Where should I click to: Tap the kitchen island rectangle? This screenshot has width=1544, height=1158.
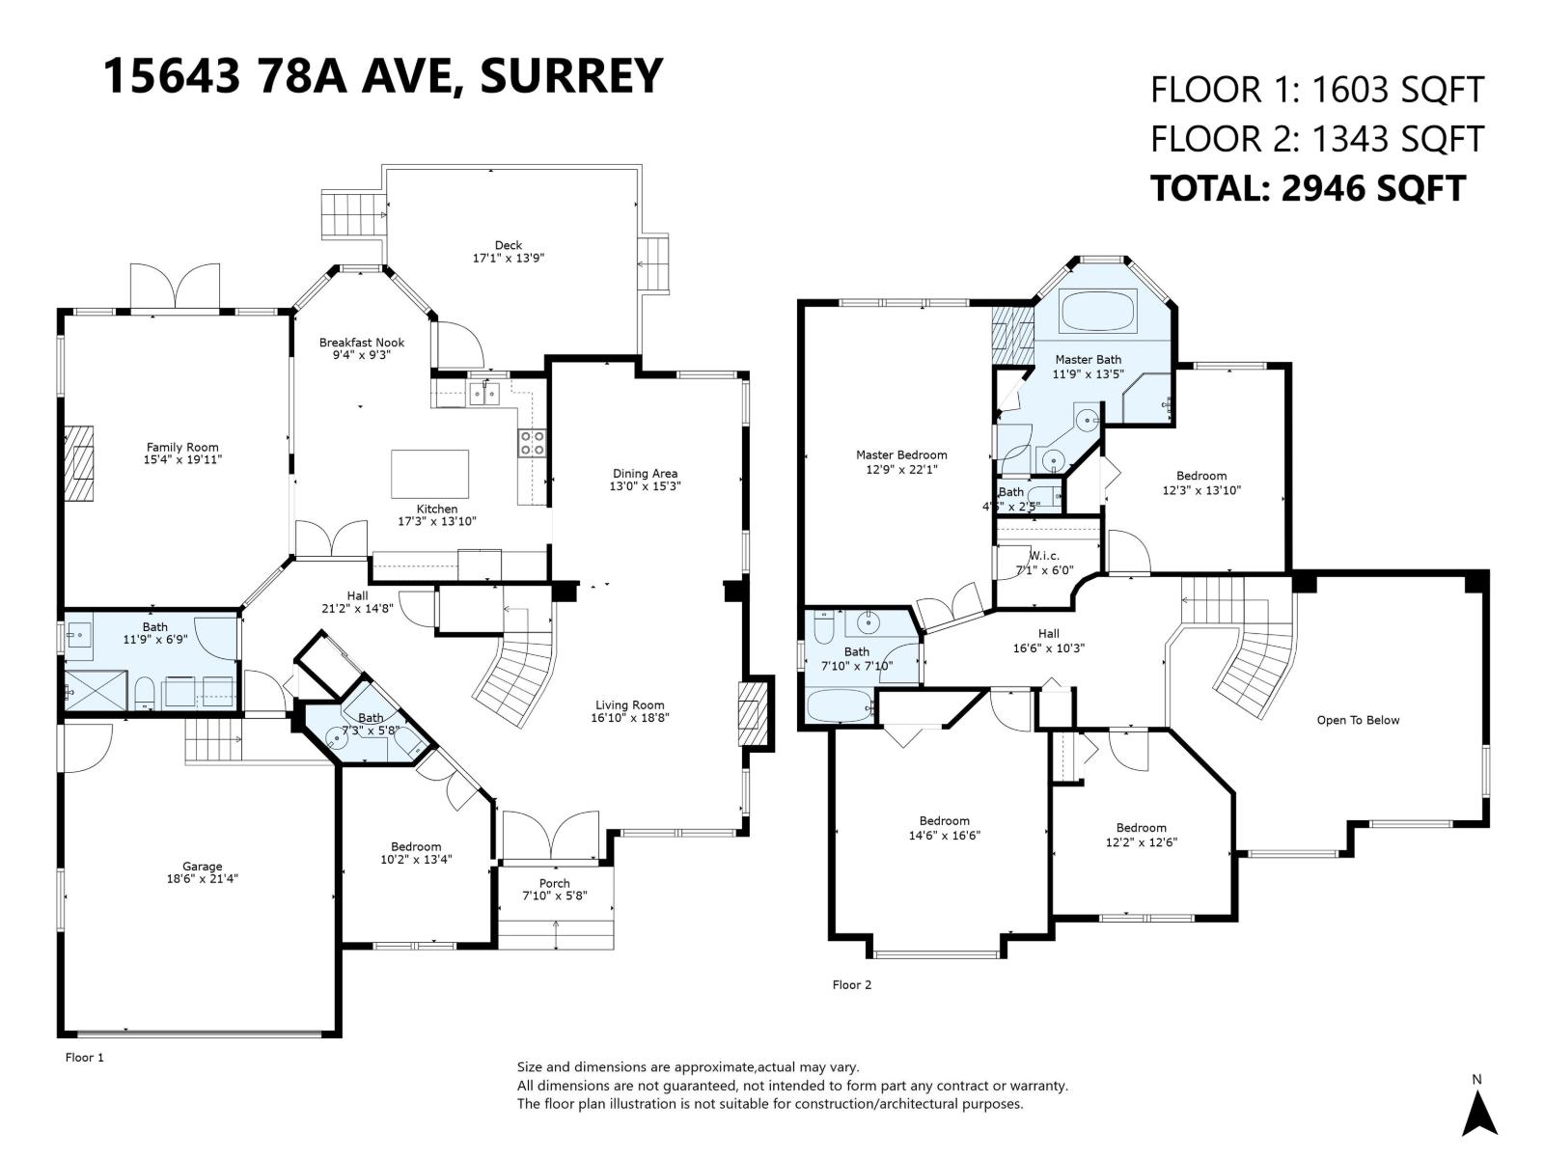click(429, 474)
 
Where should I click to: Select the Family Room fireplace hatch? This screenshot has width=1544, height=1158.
click(82, 463)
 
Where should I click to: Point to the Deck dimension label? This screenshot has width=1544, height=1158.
click(509, 259)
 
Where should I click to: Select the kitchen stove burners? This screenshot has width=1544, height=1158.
click(532, 443)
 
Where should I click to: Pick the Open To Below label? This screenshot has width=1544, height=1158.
click(1358, 720)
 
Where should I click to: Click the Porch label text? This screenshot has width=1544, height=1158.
click(554, 883)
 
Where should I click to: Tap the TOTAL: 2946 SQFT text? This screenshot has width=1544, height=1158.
click(1308, 188)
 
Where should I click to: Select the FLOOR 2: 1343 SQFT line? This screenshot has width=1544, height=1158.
click(1315, 139)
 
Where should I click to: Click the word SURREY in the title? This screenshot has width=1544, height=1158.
click(571, 75)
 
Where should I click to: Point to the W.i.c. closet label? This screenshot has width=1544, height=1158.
click(1044, 556)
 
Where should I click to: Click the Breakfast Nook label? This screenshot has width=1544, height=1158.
click(362, 343)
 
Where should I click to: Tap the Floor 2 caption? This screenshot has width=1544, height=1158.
click(851, 985)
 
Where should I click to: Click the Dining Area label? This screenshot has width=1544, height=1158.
click(645, 474)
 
